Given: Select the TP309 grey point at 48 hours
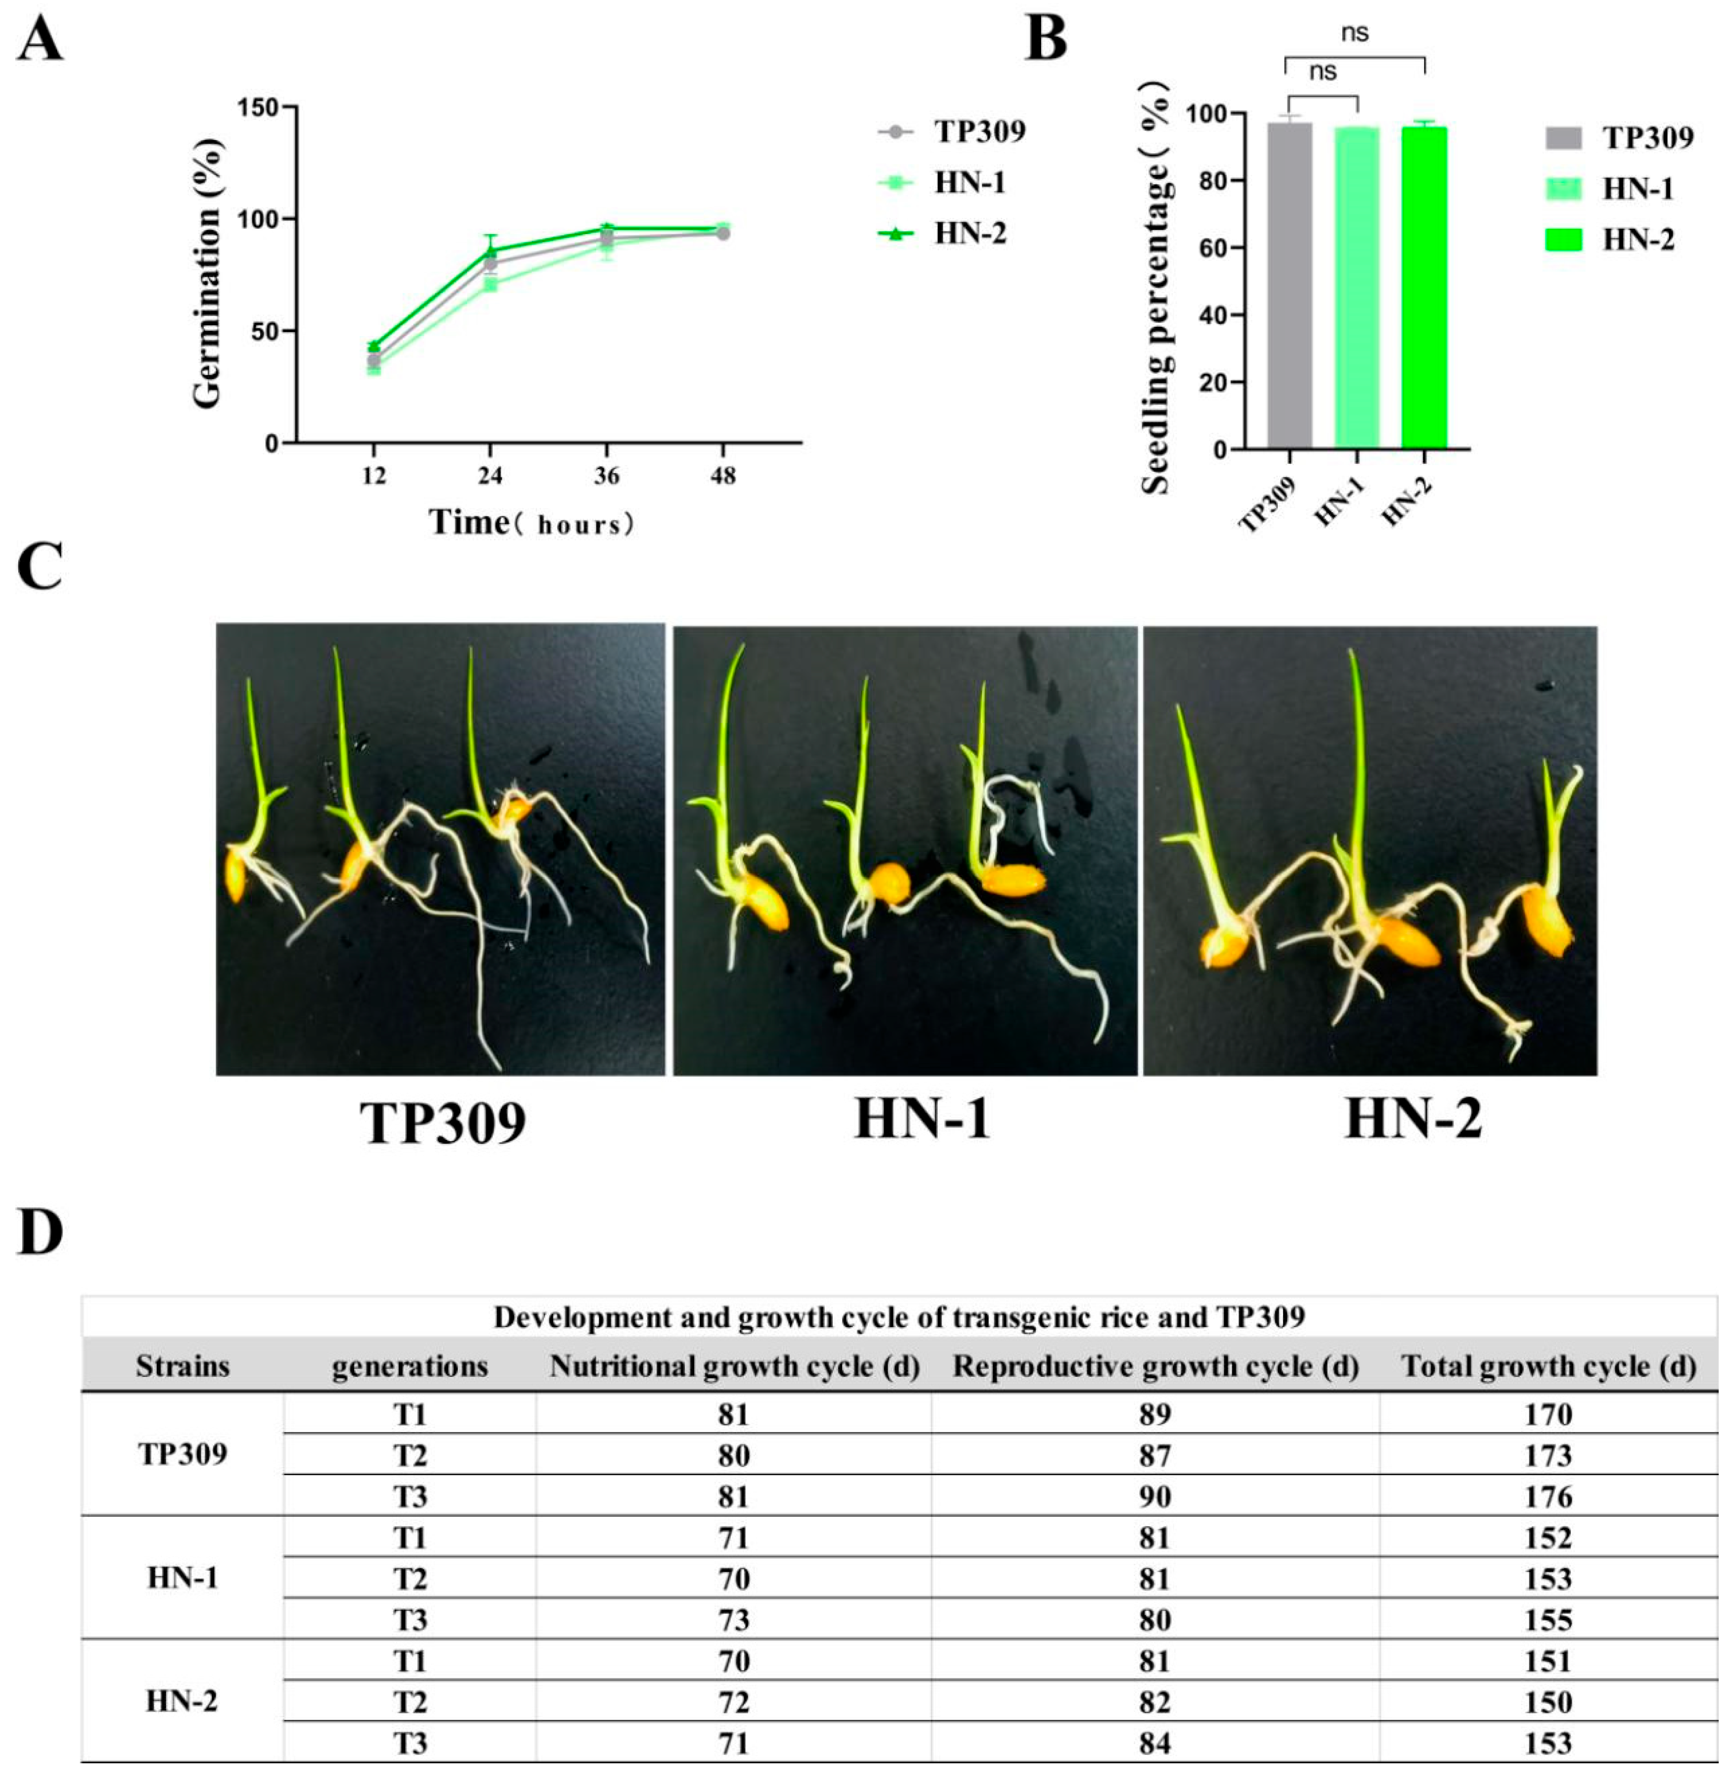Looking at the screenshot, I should pyautogui.click(x=723, y=234).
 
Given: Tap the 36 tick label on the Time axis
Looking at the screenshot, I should pyautogui.click(x=607, y=476).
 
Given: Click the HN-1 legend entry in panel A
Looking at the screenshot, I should pyautogui.click(x=968, y=183).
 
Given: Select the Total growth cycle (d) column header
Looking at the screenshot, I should pyautogui.click(x=1548, y=1367).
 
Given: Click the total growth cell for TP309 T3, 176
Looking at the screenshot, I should pyautogui.click(x=1548, y=1497).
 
